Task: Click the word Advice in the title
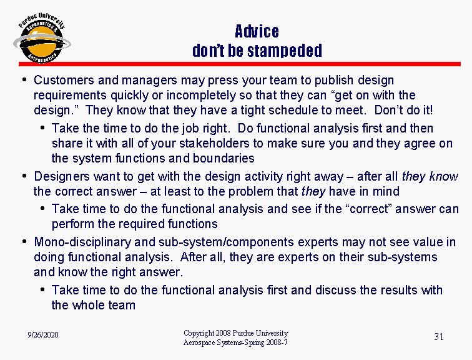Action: coord(257,31)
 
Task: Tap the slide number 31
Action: coord(439,337)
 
